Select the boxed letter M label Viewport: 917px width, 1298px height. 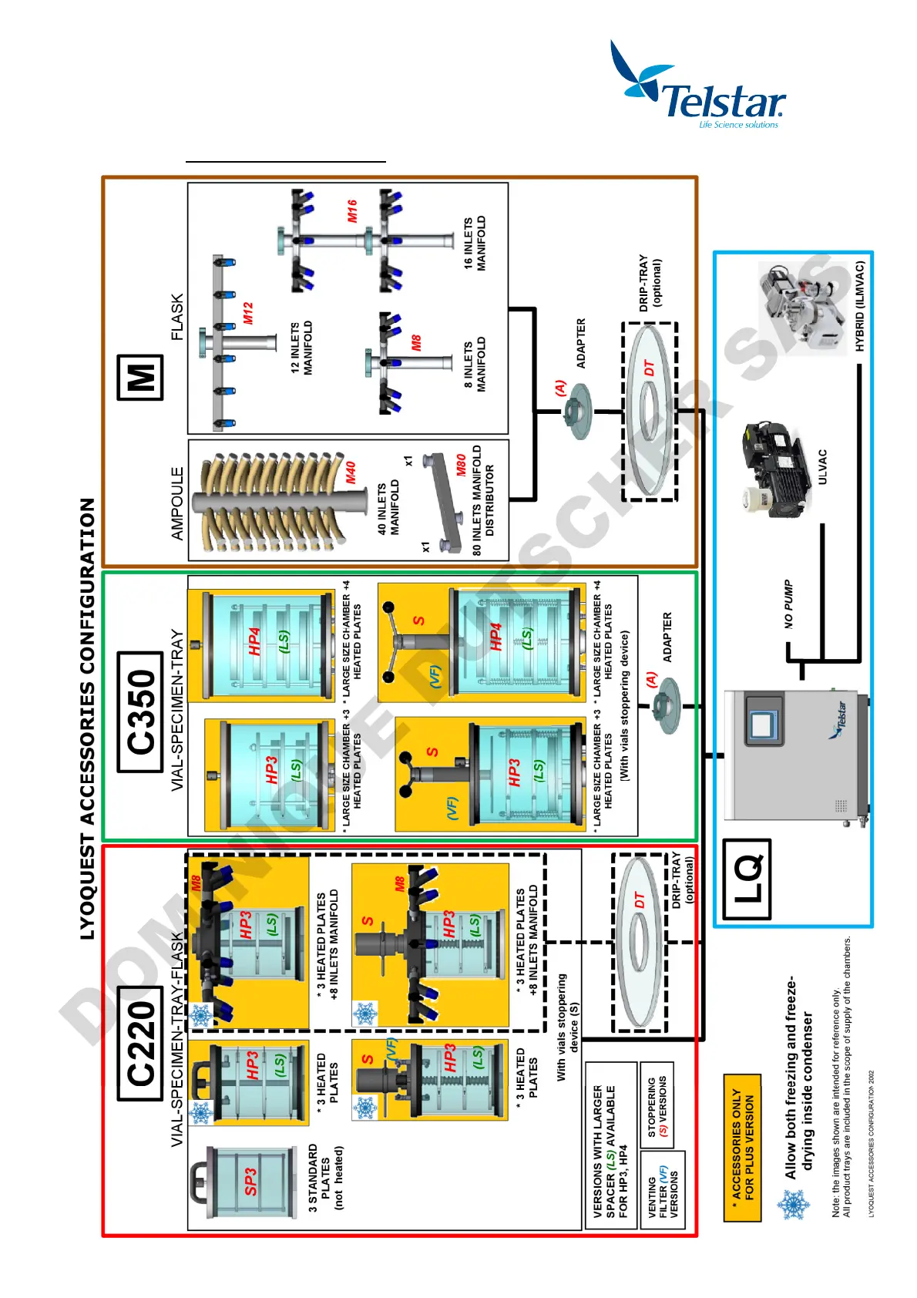tap(140, 377)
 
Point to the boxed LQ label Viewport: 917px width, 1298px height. tap(746, 879)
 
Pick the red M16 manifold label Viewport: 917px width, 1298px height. tap(352, 211)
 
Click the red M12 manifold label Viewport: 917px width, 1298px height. tap(247, 312)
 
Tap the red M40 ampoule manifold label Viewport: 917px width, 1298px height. tap(351, 472)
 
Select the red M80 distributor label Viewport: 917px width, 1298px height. tap(460, 465)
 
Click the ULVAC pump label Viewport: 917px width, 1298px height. tap(822, 466)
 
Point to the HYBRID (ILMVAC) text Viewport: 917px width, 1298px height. tap(860, 307)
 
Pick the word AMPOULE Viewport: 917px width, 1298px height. tap(177, 503)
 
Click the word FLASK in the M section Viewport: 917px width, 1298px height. tap(177, 317)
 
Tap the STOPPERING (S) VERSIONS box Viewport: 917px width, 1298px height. tap(657, 1107)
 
